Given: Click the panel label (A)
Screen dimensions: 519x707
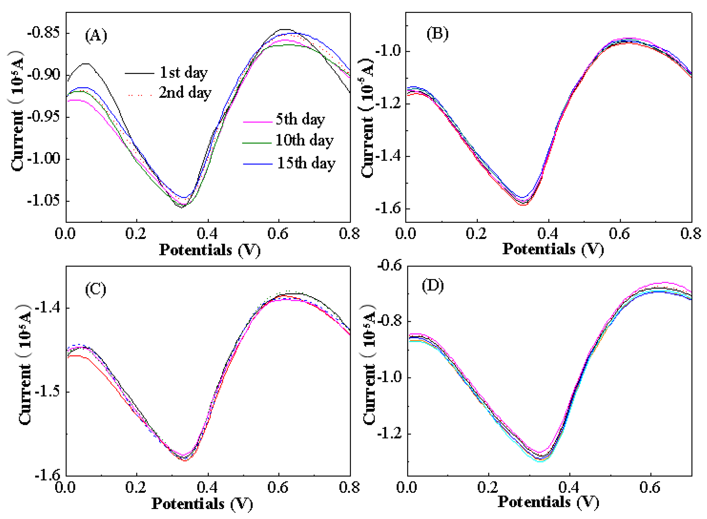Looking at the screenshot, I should tap(96, 36).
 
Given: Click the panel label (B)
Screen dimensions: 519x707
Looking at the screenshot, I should tap(437, 34).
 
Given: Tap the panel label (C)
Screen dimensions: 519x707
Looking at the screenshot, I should tap(95, 289).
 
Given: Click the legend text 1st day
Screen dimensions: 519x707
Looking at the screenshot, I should tap(184, 73).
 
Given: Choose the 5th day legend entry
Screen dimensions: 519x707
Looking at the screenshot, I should tap(300, 119).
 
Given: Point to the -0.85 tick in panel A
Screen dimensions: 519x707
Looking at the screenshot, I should tap(43, 33).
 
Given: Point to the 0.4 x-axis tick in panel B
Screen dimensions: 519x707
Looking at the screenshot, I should tap(548, 233).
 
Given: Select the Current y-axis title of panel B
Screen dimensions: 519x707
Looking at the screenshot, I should tap(367, 118).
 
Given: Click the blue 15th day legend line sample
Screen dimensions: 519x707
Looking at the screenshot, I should tap(258, 164).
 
